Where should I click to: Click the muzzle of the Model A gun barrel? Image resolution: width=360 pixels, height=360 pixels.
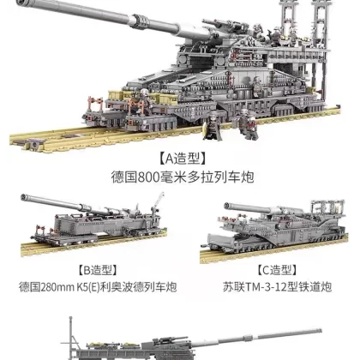(x=21, y=3)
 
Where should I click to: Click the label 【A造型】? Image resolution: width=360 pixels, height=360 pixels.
(x=183, y=159)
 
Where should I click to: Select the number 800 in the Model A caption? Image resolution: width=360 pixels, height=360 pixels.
(x=148, y=177)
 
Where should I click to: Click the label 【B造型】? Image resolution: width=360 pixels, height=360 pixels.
(x=98, y=270)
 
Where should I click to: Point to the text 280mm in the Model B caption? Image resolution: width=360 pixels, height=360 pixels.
(x=57, y=287)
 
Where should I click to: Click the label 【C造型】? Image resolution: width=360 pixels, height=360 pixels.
(x=277, y=270)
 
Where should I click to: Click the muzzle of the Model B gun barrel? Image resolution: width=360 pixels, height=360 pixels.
(x=24, y=197)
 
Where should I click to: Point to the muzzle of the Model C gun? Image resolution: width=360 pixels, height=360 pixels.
(x=228, y=206)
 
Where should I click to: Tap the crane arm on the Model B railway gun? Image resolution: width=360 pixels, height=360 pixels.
(x=159, y=201)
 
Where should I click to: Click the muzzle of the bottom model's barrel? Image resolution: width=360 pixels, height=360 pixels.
(x=319, y=332)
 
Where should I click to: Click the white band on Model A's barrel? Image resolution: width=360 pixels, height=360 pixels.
(x=133, y=21)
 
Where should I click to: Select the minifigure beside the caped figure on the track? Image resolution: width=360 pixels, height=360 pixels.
(x=246, y=124)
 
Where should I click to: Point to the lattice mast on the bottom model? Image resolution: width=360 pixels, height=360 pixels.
(x=71, y=338)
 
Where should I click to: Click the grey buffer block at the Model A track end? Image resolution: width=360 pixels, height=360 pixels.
(x=32, y=145)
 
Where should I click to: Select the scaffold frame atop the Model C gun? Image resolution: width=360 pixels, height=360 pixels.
(x=327, y=207)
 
